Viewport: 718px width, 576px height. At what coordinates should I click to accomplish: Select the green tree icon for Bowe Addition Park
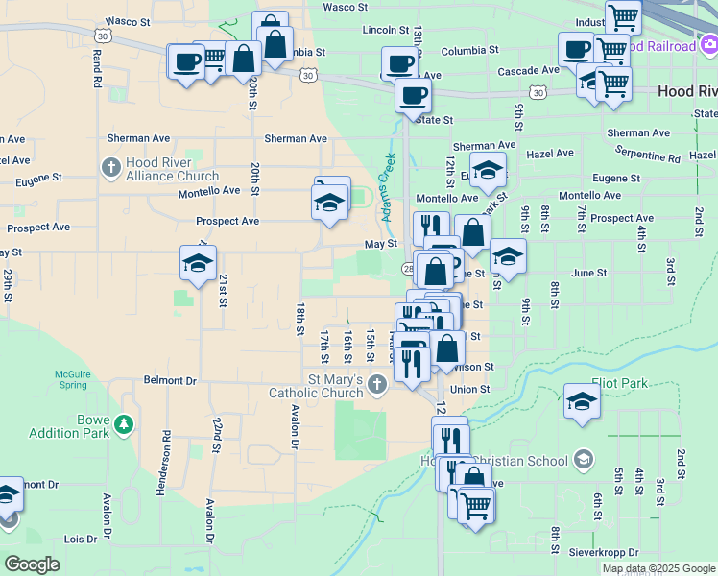tap(123, 423)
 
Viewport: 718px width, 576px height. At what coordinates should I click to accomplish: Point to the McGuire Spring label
tap(65, 379)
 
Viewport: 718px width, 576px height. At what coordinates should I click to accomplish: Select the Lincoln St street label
tap(386, 31)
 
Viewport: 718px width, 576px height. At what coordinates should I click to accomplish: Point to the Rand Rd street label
tap(97, 70)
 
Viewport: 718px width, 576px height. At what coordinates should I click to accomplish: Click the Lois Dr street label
tap(81, 539)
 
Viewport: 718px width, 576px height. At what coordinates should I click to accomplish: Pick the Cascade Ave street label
tap(528, 71)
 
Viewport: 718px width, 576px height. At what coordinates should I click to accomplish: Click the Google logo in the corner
tap(32, 564)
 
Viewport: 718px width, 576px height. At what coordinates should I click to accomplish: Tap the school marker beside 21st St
tap(199, 263)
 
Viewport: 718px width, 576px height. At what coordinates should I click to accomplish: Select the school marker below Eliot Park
tap(582, 401)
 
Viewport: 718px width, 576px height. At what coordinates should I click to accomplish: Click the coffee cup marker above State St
tap(414, 96)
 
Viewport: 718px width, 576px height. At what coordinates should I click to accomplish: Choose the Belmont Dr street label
tap(170, 380)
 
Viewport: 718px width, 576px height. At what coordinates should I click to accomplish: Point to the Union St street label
tap(470, 390)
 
